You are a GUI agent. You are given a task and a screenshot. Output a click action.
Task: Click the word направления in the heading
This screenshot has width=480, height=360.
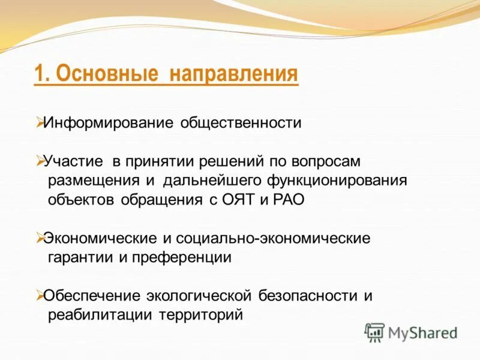pyautogui.click(x=233, y=74)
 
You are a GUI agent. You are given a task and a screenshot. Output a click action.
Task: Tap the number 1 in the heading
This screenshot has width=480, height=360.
pyautogui.click(x=39, y=74)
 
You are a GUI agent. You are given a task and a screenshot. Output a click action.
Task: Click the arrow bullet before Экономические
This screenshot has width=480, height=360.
pyautogui.click(x=39, y=238)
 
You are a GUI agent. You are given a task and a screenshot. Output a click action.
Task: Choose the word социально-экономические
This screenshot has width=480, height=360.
pyautogui.click(x=274, y=238)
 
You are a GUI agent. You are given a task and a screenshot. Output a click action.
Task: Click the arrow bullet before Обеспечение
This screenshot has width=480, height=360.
pyautogui.click(x=39, y=295)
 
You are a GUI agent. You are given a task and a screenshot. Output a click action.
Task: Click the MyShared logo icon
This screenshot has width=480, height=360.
pyautogui.click(x=374, y=332)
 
